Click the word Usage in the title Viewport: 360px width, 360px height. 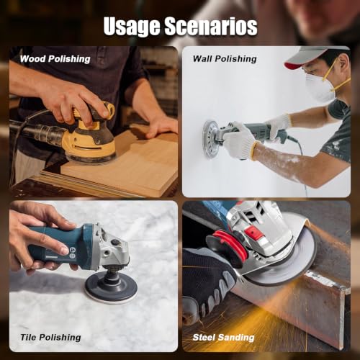click(132, 27)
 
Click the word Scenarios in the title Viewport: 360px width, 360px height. click(211, 26)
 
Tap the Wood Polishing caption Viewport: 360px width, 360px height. click(55, 59)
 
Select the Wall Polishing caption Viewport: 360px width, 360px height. click(225, 59)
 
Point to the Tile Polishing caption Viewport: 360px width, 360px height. click(50, 338)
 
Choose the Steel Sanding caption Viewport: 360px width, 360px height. click(223, 338)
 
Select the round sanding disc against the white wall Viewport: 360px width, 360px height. click(211, 138)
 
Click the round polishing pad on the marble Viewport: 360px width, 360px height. click(112, 288)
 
